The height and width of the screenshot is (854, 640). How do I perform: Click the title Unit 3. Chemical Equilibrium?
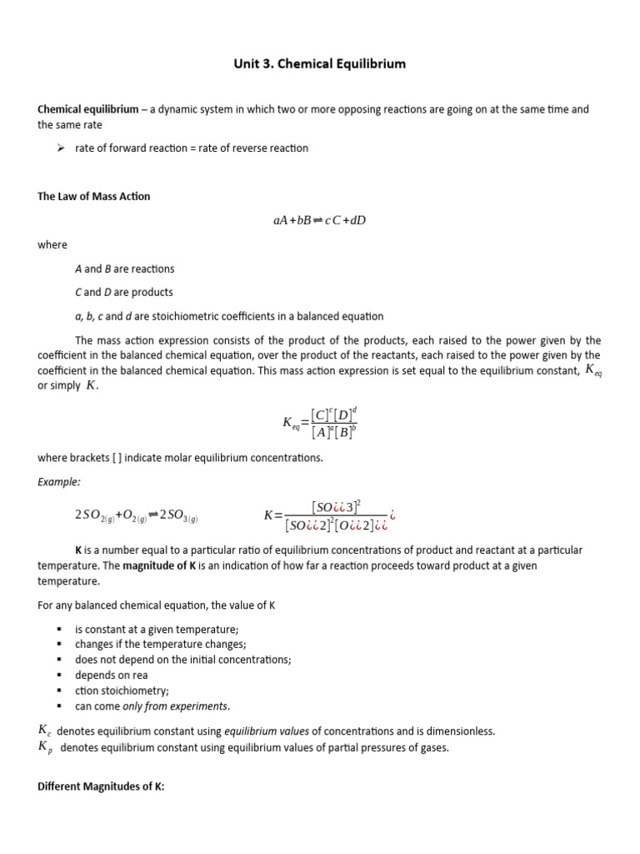(319, 63)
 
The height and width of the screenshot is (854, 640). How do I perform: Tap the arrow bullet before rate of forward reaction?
(60, 148)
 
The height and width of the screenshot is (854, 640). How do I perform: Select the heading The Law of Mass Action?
(94, 197)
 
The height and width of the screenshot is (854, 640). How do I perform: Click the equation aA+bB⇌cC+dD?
(319, 220)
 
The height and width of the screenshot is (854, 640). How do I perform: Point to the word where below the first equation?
(52, 245)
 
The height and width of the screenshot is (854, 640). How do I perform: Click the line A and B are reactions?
(124, 269)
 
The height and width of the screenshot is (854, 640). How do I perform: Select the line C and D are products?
(123, 292)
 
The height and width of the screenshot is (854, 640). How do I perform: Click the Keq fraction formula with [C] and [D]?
(320, 422)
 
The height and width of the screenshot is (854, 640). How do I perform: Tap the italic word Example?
(57, 481)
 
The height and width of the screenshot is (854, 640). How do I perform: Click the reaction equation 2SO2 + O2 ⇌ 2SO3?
(136, 516)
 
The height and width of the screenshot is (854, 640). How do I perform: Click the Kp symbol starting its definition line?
(45, 747)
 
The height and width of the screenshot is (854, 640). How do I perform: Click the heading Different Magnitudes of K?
(101, 786)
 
